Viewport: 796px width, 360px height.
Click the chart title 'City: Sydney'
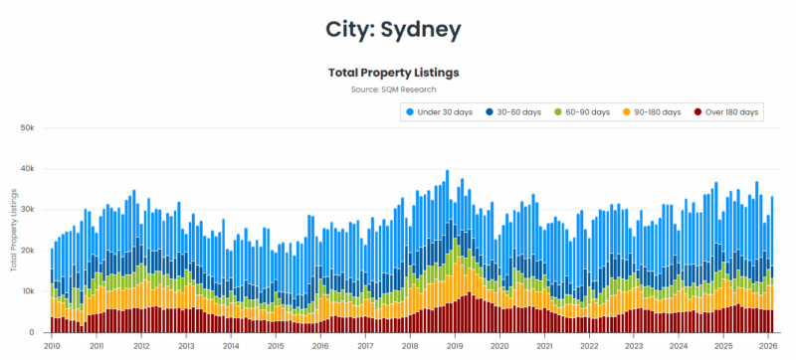[x=393, y=30]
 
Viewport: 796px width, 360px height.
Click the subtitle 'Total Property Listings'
[x=393, y=73]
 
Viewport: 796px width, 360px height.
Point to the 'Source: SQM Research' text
[x=393, y=90]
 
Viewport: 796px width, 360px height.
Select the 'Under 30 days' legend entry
[x=448, y=112]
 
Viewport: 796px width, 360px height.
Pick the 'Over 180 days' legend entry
[x=731, y=112]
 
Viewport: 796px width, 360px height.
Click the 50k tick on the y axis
[x=28, y=128]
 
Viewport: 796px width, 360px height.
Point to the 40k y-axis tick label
[x=28, y=169]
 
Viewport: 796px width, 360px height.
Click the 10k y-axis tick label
[x=28, y=291]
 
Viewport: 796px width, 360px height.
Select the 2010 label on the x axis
[x=52, y=346]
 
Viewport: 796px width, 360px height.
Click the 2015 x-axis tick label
[x=276, y=346]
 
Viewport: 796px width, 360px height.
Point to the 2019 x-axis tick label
[x=455, y=346]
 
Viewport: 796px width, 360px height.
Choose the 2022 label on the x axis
[x=589, y=346]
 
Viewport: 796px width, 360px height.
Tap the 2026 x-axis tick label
[x=768, y=346]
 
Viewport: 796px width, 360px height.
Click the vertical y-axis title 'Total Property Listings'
[x=14, y=230]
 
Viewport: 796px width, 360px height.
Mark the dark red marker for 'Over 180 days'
[x=698, y=112]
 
